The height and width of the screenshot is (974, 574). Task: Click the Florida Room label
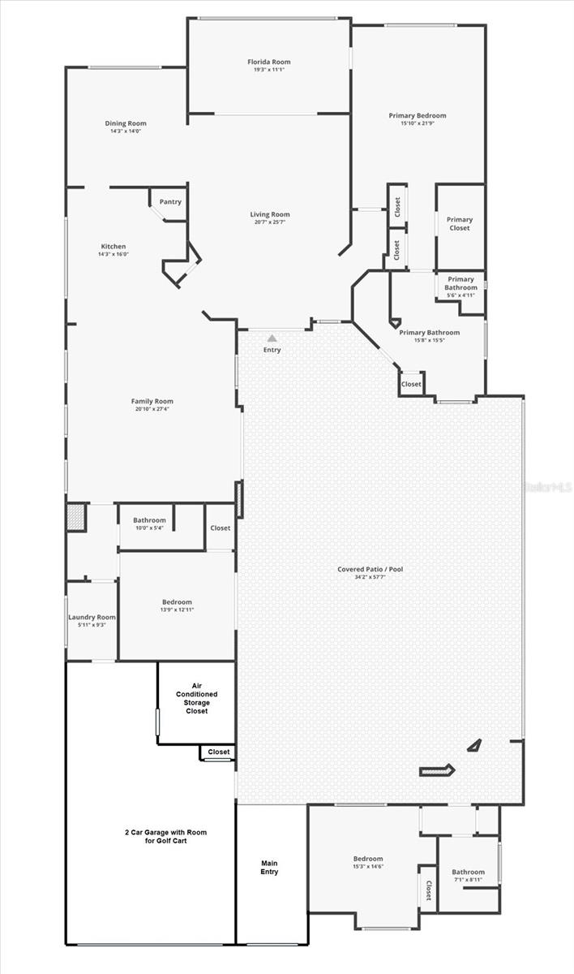[x=268, y=62]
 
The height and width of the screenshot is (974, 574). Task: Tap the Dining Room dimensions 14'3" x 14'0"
[x=125, y=131]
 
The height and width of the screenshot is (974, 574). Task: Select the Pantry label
[x=170, y=202]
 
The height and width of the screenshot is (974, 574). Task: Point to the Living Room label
[x=269, y=214]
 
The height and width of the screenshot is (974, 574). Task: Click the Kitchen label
[x=113, y=247]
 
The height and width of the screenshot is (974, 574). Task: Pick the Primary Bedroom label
[x=417, y=116]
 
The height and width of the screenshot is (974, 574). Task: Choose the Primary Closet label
[x=460, y=224]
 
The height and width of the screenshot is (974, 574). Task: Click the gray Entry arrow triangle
[x=272, y=338]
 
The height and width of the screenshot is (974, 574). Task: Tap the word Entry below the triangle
[x=272, y=350]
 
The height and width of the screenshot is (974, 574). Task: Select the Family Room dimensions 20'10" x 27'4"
[x=152, y=409]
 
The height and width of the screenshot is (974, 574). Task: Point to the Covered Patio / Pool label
[x=370, y=569]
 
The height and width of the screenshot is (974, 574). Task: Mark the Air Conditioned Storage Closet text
[x=196, y=698]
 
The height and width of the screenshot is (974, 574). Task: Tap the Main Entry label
[x=269, y=867]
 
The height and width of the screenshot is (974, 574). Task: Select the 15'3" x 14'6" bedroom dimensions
[x=368, y=867]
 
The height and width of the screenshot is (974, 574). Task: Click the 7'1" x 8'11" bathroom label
[x=468, y=880]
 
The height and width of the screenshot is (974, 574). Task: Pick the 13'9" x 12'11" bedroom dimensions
[x=177, y=610]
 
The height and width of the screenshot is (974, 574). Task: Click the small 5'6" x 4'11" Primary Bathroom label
[x=461, y=295]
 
